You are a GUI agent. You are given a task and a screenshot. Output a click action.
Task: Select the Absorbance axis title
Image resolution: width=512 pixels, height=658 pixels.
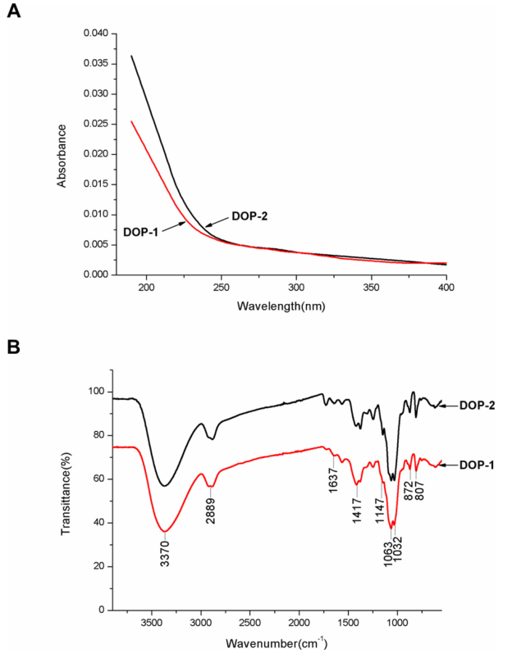[62, 154]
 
